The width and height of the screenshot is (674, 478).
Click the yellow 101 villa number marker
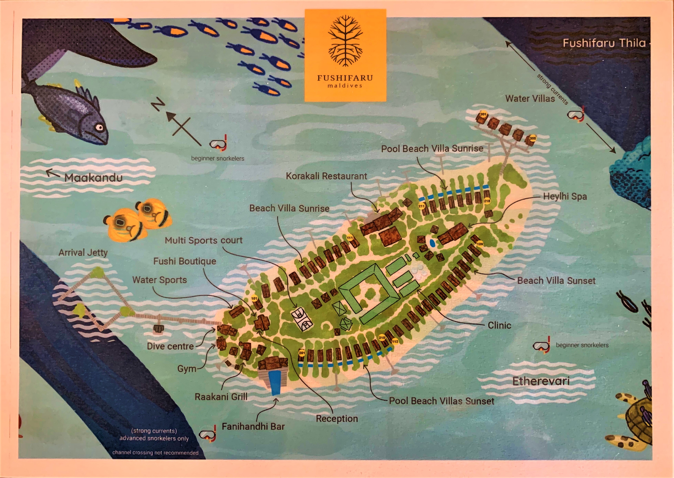point(254,298)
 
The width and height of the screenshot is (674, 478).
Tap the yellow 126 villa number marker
point(480,244)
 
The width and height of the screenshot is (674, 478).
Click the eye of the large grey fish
point(100,127)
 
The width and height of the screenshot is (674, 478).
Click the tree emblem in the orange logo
point(345,41)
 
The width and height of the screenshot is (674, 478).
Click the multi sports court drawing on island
point(302,319)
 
